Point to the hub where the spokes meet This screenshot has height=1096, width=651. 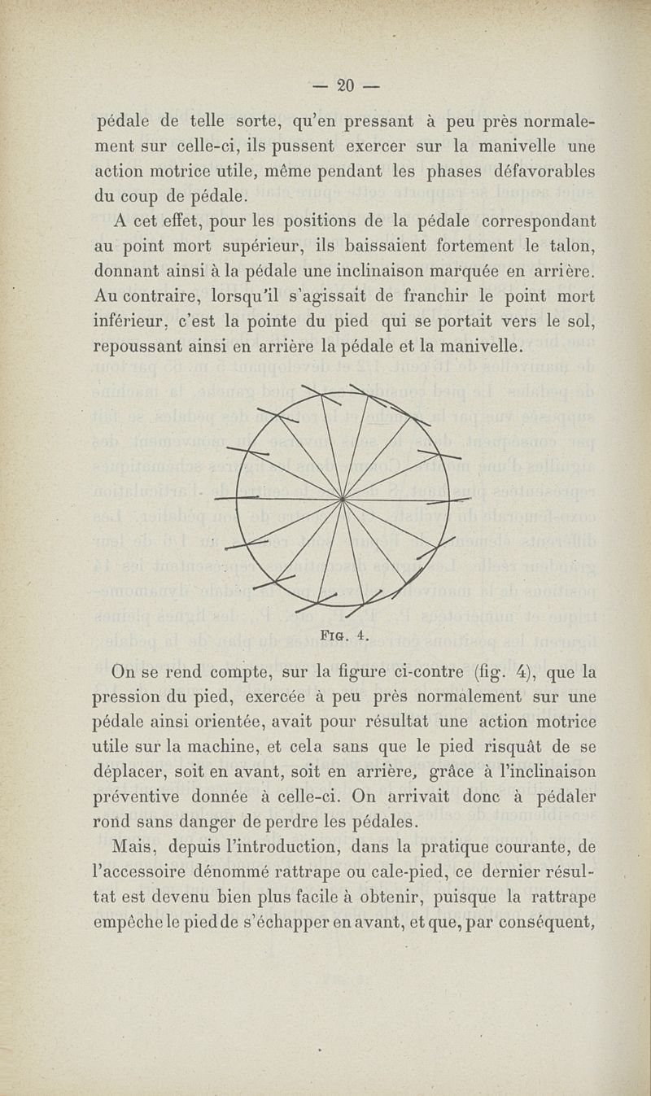click(x=343, y=498)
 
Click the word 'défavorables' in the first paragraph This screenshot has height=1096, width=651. click(x=544, y=172)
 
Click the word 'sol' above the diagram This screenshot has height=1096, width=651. click(x=580, y=321)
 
